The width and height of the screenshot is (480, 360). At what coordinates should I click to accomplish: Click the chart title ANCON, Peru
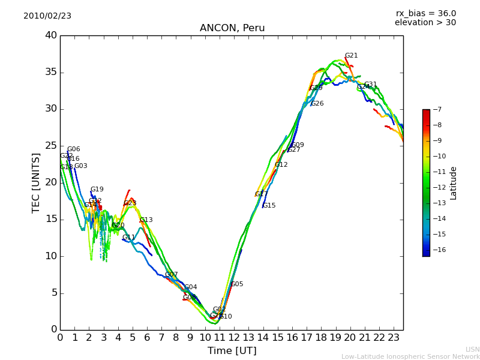(x=232, y=28)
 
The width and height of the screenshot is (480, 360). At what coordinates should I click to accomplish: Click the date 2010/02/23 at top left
(x=47, y=16)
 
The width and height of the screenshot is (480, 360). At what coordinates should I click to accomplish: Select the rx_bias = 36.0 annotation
(x=425, y=13)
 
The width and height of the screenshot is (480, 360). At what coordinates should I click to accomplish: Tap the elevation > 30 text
(x=425, y=23)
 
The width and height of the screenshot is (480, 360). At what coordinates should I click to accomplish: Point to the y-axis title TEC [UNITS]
(x=36, y=182)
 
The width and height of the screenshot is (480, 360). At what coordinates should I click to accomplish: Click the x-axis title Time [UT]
(x=232, y=350)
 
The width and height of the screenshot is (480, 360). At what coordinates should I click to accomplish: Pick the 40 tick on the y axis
(x=51, y=35)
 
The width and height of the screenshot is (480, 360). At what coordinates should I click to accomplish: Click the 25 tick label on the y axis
(x=51, y=146)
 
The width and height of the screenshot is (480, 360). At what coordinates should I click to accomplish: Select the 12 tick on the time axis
(x=234, y=338)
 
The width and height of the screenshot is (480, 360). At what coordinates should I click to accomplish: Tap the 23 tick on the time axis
(x=394, y=338)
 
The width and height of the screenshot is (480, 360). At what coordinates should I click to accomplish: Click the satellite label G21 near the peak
(x=351, y=56)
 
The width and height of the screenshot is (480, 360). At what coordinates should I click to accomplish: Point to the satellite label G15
(x=269, y=206)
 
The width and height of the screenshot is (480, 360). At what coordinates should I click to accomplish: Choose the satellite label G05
(x=237, y=284)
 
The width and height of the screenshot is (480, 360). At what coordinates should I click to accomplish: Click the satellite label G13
(x=146, y=220)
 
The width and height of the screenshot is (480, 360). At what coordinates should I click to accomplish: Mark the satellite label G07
(x=172, y=275)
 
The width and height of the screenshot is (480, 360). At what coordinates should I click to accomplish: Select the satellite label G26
(x=317, y=104)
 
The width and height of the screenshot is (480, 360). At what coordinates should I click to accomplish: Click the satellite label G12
(x=281, y=165)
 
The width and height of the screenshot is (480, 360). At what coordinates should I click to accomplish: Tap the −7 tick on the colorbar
(x=437, y=109)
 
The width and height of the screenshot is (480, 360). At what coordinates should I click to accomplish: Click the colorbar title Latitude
(x=454, y=182)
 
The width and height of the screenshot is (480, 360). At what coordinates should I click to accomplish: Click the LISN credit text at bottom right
(x=472, y=349)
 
